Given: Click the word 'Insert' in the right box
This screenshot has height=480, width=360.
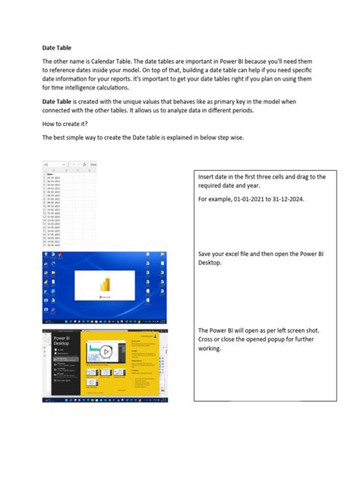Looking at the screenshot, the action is click(x=208, y=177).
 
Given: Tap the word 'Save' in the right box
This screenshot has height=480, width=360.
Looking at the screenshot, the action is click(x=207, y=254).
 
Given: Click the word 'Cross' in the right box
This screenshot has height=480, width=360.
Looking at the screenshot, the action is click(x=208, y=339).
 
